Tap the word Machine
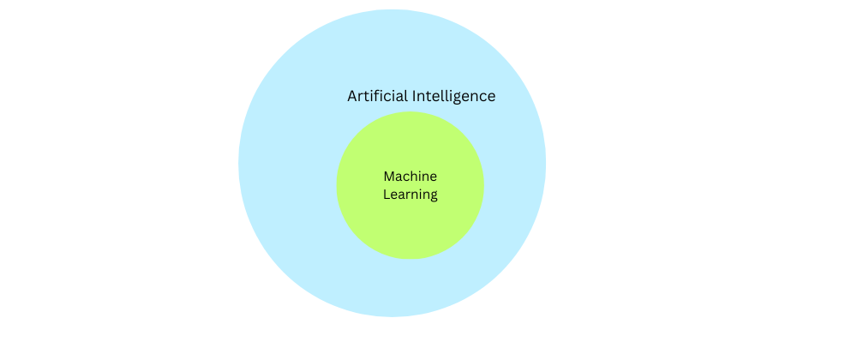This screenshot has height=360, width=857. [410, 177]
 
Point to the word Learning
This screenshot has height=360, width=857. [410, 195]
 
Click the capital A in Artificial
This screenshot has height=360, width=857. [352, 96]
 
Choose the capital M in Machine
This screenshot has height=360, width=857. [388, 177]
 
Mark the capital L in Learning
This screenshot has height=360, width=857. [386, 195]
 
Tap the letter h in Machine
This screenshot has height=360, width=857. [417, 177]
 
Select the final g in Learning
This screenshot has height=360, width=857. [434, 196]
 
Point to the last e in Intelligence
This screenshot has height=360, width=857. [491, 97]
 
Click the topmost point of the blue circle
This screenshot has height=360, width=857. [392, 9]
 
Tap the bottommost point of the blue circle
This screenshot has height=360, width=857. [392, 317]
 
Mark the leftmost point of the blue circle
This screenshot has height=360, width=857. [238, 163]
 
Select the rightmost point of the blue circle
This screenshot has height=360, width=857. [546, 163]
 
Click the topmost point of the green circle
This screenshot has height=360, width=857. [411, 111]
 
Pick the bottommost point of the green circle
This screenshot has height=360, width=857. [411, 260]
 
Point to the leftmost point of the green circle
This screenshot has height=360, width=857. [337, 185]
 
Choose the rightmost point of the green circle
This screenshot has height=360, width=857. [484, 185]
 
